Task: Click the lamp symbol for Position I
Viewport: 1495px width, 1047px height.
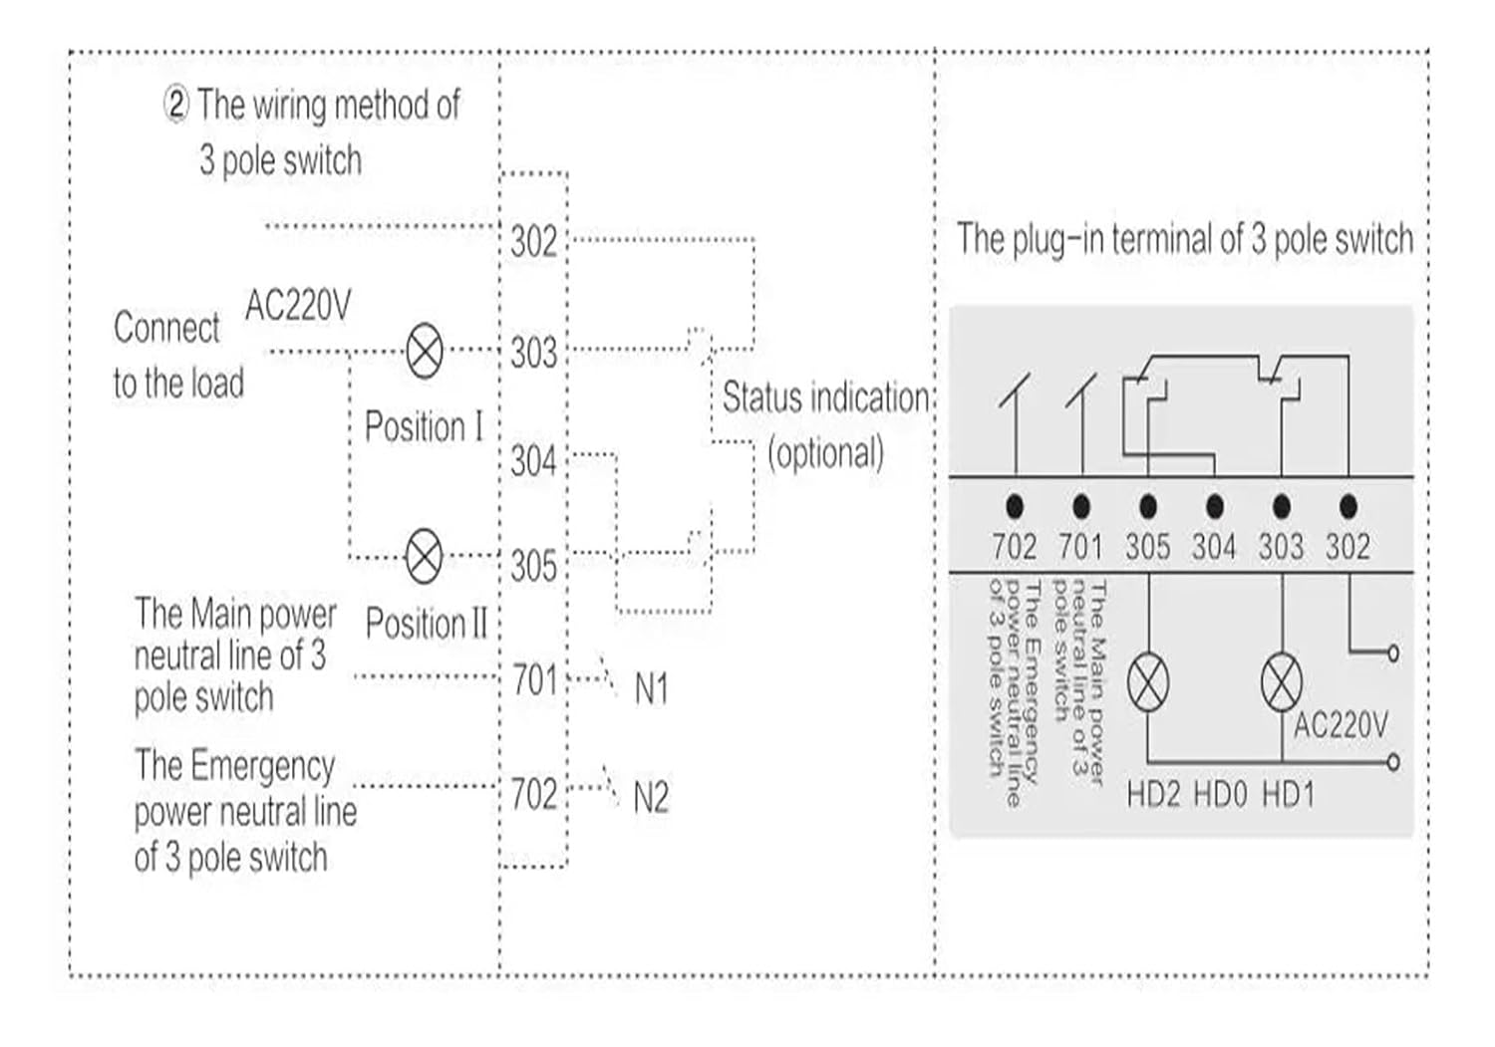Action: tap(426, 351)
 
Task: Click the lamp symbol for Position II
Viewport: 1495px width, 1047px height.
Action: tap(426, 556)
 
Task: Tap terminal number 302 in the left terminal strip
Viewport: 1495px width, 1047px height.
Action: tap(533, 242)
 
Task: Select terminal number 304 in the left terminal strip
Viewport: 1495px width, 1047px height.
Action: tap(533, 461)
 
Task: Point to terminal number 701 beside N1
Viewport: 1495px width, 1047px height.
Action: tap(534, 680)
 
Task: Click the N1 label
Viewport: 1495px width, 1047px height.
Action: tap(651, 688)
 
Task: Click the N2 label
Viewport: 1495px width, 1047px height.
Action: tap(651, 798)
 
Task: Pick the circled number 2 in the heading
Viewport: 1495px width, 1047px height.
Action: tap(175, 105)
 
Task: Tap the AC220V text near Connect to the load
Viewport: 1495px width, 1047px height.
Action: tap(297, 306)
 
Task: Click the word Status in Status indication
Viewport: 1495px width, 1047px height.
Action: tap(762, 398)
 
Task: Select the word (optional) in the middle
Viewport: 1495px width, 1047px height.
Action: tap(825, 453)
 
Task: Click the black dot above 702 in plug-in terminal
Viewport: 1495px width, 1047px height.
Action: tap(1015, 507)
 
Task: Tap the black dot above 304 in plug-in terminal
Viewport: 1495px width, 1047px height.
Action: tap(1214, 507)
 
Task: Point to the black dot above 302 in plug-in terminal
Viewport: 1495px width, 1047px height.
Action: tap(1347, 507)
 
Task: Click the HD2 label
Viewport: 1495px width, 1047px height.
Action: tap(1153, 795)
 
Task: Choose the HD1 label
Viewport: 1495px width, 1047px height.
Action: tap(1288, 795)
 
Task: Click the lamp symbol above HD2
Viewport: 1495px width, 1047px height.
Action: tap(1148, 683)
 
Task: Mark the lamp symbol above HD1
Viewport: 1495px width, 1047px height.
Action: tap(1282, 683)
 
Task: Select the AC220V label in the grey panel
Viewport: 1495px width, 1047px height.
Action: tap(1340, 725)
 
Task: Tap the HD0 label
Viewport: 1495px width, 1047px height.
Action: tap(1220, 795)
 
